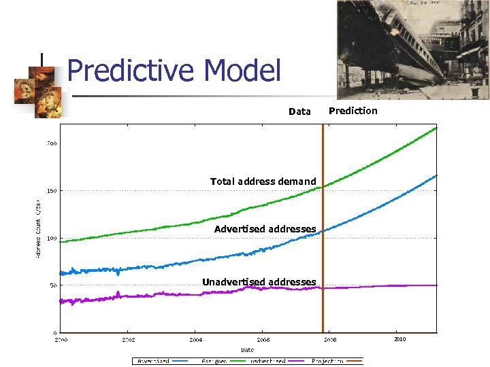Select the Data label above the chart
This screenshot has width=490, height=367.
coord(299,111)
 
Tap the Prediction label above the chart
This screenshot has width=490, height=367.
coord(353,111)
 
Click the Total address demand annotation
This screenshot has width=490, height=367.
coord(263,181)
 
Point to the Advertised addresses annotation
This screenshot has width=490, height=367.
coord(265,229)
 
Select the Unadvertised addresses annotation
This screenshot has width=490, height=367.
coord(259,282)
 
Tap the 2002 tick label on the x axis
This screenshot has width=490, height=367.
coord(129,338)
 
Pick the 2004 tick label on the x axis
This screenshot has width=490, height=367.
coord(196,338)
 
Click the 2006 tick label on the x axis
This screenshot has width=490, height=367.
coord(263,338)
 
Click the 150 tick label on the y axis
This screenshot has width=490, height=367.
coord(51,191)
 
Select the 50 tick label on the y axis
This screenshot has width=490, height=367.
coord(52,286)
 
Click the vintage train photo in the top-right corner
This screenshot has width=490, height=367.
coord(412,49)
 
